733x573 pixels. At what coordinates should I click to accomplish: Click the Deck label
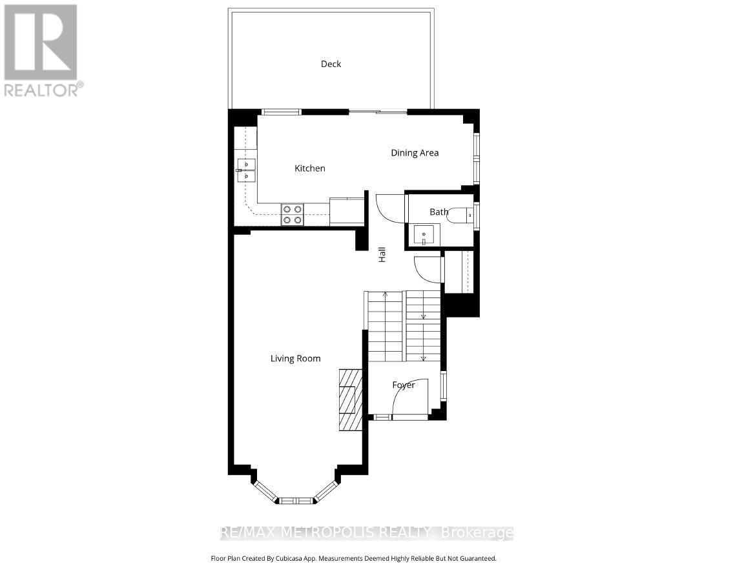tap(331, 64)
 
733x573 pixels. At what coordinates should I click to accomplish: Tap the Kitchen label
tap(310, 168)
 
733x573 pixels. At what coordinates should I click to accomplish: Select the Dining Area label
tap(415, 153)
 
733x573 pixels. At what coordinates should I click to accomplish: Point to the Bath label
tap(439, 212)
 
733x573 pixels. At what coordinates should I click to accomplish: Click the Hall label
tap(382, 254)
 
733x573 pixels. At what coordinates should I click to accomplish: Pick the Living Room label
tap(295, 359)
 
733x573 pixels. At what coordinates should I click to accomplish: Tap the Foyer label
tap(404, 385)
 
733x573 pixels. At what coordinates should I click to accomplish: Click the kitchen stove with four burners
tap(293, 214)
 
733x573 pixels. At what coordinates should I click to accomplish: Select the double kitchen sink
tap(246, 170)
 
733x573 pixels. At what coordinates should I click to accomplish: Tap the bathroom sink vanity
tap(424, 236)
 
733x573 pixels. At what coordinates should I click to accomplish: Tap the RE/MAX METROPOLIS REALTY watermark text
tap(367, 533)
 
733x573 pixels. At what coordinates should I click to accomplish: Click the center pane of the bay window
tap(296, 500)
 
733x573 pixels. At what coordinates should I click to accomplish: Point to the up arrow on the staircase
tap(386, 296)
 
